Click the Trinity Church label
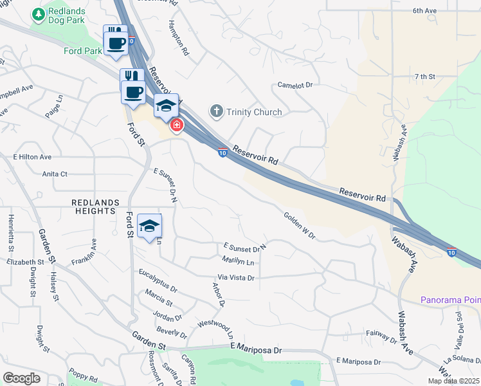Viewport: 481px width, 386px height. (x=254, y=112)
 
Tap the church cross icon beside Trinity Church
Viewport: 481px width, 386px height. (x=216, y=112)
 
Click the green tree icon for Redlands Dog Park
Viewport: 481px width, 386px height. (x=39, y=14)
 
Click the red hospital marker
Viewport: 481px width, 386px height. (x=175, y=125)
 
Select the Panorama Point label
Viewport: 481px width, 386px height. (x=450, y=300)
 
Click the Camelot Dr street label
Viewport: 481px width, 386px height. (x=295, y=85)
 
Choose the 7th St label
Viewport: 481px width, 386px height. (x=425, y=77)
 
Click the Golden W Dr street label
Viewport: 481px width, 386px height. (x=299, y=226)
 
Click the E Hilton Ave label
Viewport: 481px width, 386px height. (x=32, y=157)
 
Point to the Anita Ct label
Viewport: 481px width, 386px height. (x=55, y=174)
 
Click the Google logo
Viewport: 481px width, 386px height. (x=21, y=378)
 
